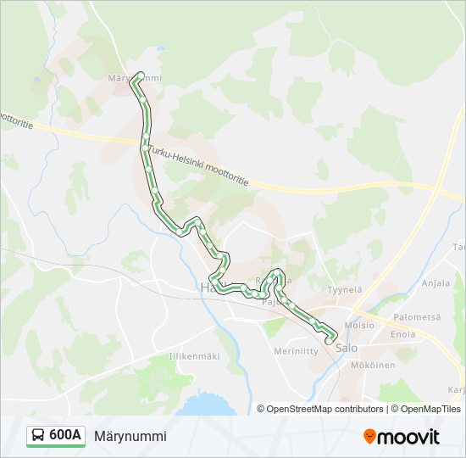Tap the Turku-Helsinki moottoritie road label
200,166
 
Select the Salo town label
346,348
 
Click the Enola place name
402,334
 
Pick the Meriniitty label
295,350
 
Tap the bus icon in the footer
39,436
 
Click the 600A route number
65,436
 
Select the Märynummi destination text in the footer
130,436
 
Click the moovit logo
402,437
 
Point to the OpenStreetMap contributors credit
320,409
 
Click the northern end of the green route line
139,74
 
